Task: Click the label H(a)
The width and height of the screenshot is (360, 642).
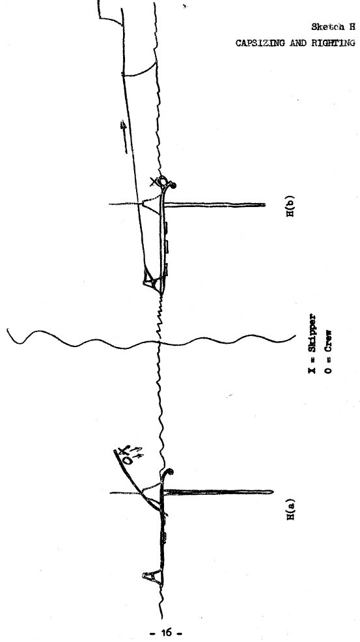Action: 291,509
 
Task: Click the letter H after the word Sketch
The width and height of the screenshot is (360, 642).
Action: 352,27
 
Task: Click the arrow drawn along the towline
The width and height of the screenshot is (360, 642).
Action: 124,136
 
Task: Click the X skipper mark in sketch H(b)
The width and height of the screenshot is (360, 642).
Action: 154,181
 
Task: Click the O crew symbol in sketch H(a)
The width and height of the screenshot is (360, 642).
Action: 128,460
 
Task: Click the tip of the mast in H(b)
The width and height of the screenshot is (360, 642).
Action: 264,204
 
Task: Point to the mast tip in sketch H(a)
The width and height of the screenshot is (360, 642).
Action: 271,492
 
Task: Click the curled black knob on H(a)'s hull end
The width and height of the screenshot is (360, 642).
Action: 170,473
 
